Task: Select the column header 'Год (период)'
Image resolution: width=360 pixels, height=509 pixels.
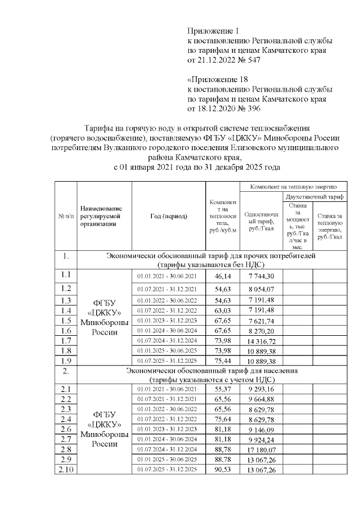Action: pos(168,216)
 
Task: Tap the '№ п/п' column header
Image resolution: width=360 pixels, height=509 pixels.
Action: pos(65,216)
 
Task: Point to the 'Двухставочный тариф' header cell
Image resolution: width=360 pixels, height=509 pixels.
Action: pos(314,197)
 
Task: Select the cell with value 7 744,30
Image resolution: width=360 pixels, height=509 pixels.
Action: pos(260,276)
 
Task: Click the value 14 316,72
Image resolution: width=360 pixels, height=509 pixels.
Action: pos(260,341)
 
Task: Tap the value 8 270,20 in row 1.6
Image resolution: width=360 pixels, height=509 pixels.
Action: pos(260,331)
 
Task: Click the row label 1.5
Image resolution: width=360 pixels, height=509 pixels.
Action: pos(65,320)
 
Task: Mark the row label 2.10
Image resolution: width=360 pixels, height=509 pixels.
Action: pos(65,470)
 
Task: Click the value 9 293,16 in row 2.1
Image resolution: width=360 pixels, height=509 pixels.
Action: pos(260,389)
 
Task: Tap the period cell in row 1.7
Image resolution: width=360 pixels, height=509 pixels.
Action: pos(168,341)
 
